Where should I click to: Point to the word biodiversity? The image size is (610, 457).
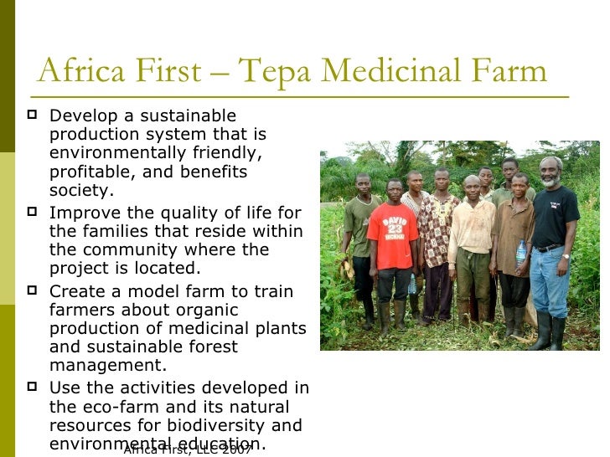[x=218, y=426]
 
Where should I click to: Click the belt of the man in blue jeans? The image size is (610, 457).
[x=548, y=248]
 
